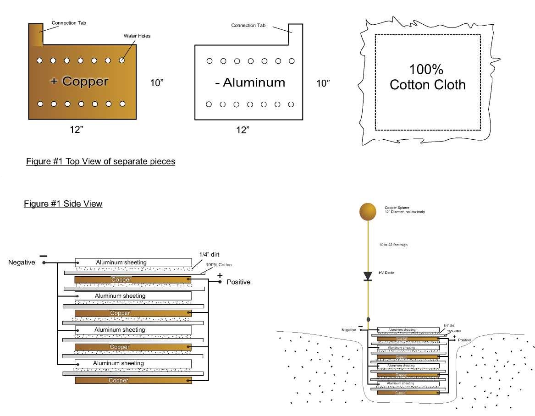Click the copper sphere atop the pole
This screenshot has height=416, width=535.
point(368,211)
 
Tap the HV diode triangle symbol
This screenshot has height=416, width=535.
point(368,275)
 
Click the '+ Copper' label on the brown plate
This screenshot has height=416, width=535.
point(79,82)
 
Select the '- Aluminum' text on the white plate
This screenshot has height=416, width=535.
point(250,83)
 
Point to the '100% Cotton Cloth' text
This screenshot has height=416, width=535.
point(427,77)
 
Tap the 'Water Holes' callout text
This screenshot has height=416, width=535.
point(137,36)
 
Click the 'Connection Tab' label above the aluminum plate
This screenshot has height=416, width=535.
point(248,26)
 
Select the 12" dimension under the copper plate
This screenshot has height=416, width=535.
point(76,130)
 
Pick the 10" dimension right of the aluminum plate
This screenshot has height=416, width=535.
point(323,83)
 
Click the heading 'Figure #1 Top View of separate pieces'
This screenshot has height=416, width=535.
point(100,162)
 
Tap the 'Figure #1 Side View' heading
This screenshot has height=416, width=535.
point(63,204)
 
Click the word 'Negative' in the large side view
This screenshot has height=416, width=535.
point(22,263)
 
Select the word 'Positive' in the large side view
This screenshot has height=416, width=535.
point(238,282)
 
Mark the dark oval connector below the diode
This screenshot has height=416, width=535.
point(368,319)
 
